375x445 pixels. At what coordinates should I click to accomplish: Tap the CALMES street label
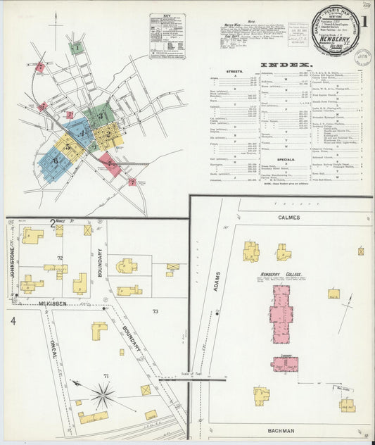pyautogui.click(x=288, y=218)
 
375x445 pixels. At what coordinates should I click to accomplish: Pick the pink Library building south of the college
pyautogui.click(x=285, y=363)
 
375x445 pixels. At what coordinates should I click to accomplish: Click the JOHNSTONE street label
pyautogui.click(x=12, y=249)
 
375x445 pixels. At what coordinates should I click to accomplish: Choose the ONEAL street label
pyautogui.click(x=54, y=350)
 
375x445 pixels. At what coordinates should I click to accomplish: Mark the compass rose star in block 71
pyautogui.click(x=103, y=394)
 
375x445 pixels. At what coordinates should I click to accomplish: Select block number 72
pyautogui.click(x=61, y=259)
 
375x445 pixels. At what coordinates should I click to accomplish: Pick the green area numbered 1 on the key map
pyautogui.click(x=75, y=48)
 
